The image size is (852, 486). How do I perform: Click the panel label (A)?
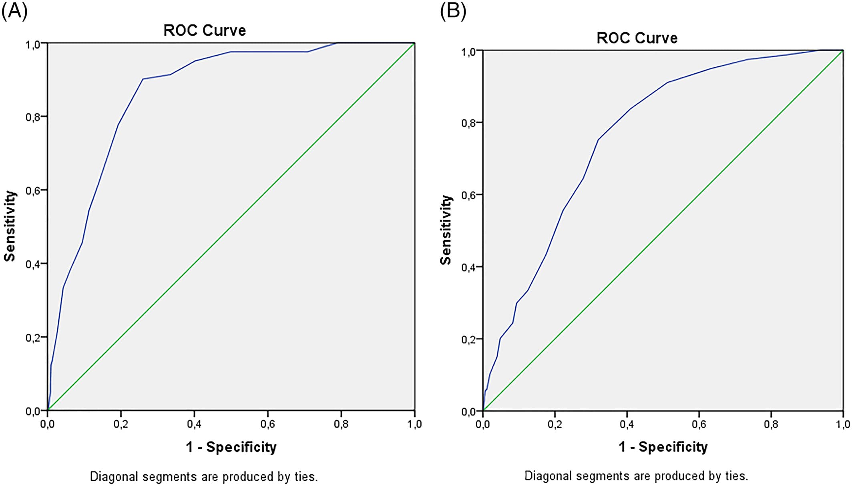(14, 11)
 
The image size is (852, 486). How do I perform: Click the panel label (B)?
(453, 11)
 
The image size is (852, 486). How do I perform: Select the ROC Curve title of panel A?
(204, 30)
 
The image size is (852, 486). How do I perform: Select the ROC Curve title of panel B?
(637, 38)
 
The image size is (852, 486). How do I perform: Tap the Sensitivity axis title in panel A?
(10, 226)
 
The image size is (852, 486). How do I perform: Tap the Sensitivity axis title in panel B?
(446, 230)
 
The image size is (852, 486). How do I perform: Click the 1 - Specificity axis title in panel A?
(231, 447)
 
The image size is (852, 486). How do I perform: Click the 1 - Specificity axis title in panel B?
(663, 447)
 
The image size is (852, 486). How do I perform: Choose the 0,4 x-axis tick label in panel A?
(194, 424)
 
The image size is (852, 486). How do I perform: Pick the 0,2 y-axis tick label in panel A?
(33, 337)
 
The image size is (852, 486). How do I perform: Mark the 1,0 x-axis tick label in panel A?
(414, 424)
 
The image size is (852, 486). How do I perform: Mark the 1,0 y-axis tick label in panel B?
(468, 52)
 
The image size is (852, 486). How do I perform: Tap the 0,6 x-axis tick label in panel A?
(267, 424)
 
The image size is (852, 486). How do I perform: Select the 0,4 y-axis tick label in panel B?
(468, 267)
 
